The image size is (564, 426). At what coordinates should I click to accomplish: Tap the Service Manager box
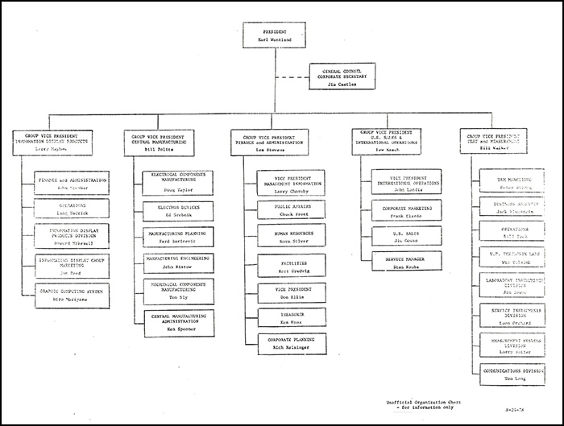407,262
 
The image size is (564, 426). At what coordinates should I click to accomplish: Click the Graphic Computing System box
72,292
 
